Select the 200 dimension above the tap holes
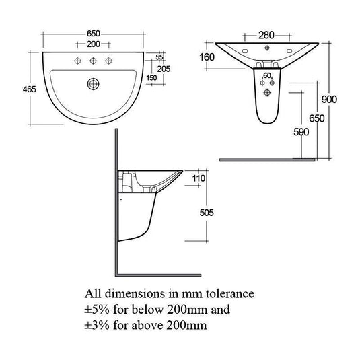click(94, 44)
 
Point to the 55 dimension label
click(159, 59)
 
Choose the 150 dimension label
click(152, 78)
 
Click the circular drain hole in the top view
click(94, 84)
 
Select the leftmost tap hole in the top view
click(77, 61)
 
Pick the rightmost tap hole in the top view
click(109, 61)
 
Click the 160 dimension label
click(207, 57)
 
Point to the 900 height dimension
click(347, 100)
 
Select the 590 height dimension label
click(301, 132)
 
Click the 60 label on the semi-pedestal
click(266, 75)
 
